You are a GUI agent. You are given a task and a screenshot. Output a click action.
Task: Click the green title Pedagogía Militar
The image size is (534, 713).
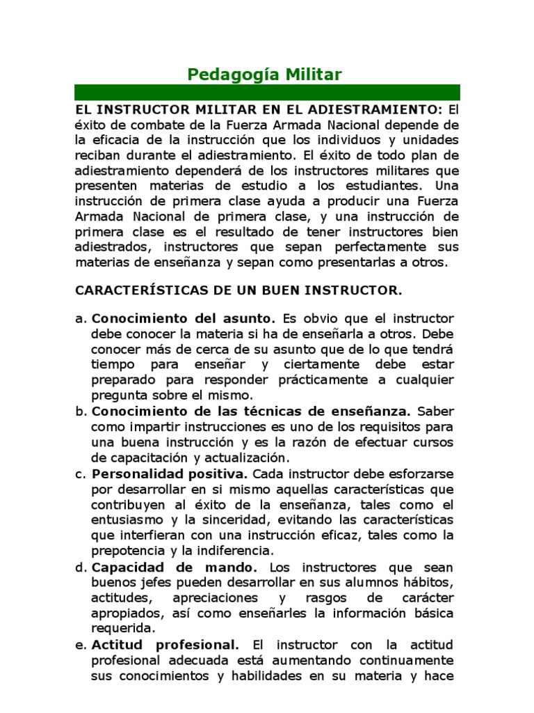tap(266, 75)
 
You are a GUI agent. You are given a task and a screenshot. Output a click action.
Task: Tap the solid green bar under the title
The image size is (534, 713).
tap(267, 93)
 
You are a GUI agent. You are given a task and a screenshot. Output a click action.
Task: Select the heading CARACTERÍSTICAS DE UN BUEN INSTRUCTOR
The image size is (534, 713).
tap(238, 288)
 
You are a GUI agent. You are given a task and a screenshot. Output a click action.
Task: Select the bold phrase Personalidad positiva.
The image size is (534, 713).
tap(170, 473)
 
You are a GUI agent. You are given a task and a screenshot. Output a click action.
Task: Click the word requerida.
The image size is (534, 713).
tap(118, 628)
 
